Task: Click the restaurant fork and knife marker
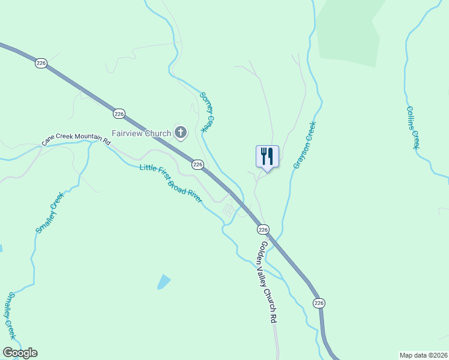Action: click(x=268, y=156)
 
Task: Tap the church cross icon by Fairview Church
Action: click(x=181, y=132)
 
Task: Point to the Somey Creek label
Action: click(x=207, y=112)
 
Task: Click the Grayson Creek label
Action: click(x=304, y=145)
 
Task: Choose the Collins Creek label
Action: click(x=412, y=127)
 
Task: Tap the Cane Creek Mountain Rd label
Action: click(x=76, y=140)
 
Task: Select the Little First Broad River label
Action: click(x=171, y=183)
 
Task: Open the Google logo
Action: click(x=20, y=353)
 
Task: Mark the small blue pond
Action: click(x=163, y=281)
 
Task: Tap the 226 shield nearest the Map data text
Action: click(x=318, y=303)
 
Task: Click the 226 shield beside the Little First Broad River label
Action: click(x=197, y=164)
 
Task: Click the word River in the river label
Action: click(x=194, y=196)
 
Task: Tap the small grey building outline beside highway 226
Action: click(x=229, y=209)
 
